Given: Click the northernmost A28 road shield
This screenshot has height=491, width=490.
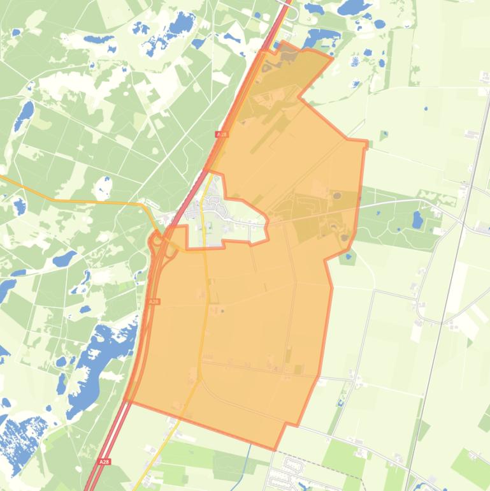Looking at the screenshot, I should pyautogui.click(x=221, y=135).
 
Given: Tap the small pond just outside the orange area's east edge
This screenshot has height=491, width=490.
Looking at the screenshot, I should pyautogui.click(x=347, y=258).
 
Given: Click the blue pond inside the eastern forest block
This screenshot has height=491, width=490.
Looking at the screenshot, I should pyautogui.click(x=417, y=220).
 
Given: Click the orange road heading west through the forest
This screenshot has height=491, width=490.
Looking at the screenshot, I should pyautogui.click(x=83, y=202).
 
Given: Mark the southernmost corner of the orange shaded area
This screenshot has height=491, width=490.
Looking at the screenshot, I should pyautogui.click(x=275, y=450).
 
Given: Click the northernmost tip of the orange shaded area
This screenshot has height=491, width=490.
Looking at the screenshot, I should pyautogui.click(x=282, y=42).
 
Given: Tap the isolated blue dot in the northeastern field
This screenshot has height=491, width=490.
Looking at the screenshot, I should pyautogui.click(x=426, y=108).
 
